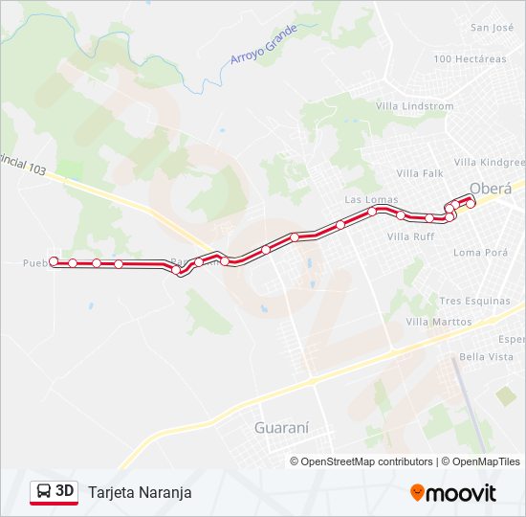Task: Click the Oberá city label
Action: (492, 187)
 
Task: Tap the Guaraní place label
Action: (281, 428)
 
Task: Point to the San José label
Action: (492, 28)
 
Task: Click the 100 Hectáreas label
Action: (470, 59)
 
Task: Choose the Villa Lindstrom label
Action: (414, 105)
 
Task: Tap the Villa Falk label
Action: (420, 173)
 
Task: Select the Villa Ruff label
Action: (410, 236)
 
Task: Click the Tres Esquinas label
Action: (474, 301)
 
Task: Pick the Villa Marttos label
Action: (439, 322)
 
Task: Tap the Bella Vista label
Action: (486, 356)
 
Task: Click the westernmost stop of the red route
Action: (54, 261)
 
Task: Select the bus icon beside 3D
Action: (44, 492)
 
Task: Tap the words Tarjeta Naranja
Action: (140, 492)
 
